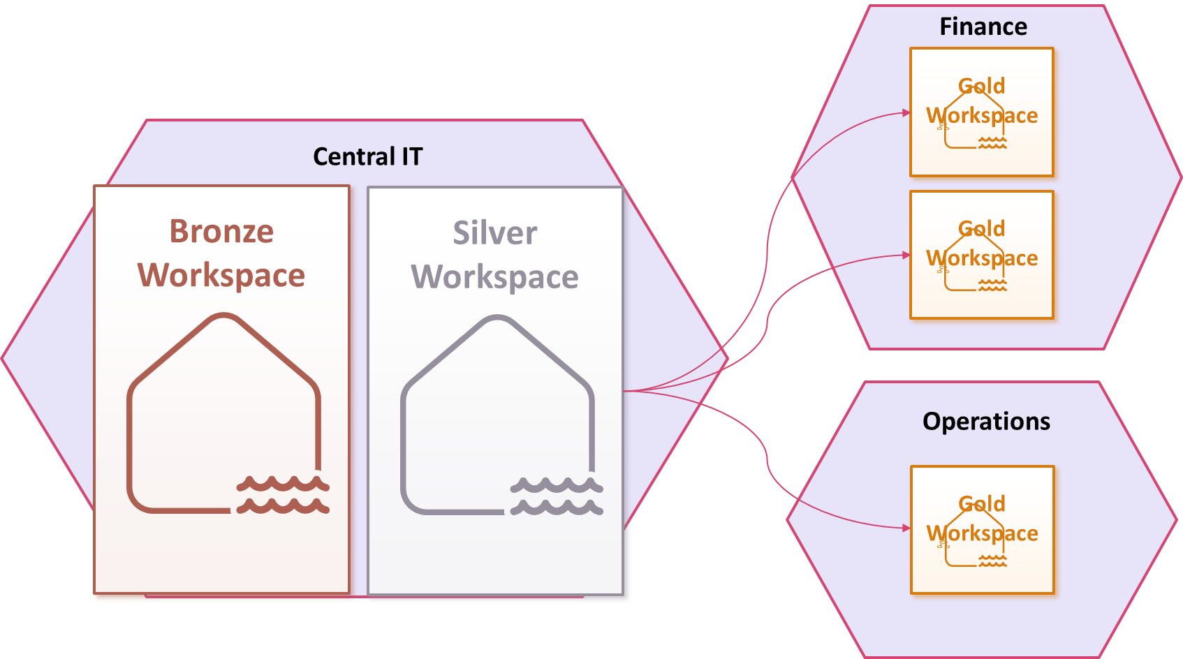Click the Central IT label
point(367,156)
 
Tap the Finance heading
point(983,27)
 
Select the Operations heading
point(986,422)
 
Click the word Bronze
point(221,231)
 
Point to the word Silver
point(495,233)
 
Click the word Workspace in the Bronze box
point(221,275)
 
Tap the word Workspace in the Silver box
point(495,277)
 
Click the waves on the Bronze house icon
point(283,494)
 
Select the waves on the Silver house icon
point(556,496)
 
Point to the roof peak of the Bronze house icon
point(223,318)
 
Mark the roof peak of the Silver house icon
point(497,319)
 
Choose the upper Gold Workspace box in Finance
point(981,112)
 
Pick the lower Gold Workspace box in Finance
point(981,255)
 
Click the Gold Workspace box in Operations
point(982,530)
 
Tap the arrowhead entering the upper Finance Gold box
point(906,112)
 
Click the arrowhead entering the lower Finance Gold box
point(906,256)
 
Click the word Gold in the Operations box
point(982,503)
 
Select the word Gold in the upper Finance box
point(981,86)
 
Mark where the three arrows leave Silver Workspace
point(625,391)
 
